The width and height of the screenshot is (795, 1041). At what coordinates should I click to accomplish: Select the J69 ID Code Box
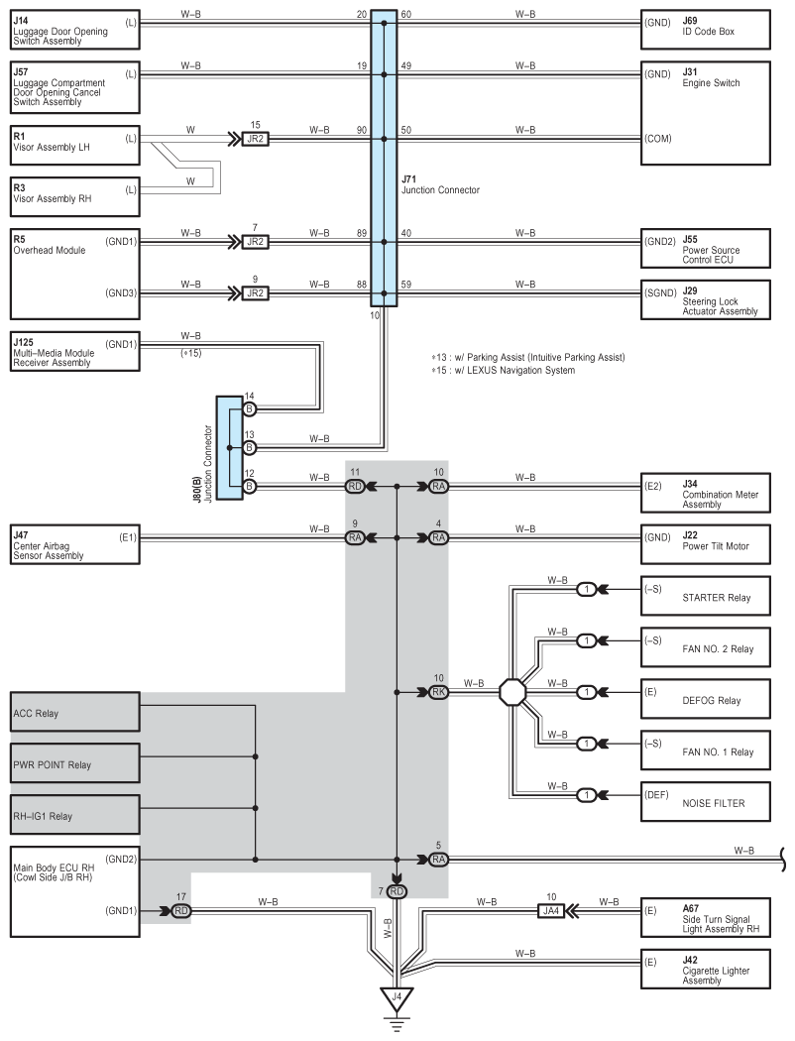(706, 29)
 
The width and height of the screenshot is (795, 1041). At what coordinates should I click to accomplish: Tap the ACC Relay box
(75, 712)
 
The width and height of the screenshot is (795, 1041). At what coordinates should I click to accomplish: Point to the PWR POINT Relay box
(75, 762)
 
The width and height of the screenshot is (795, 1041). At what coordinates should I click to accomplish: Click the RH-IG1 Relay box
(75, 815)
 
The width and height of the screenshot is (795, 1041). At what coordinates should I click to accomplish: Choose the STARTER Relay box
(706, 596)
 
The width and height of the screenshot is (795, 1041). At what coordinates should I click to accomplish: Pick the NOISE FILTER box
(706, 801)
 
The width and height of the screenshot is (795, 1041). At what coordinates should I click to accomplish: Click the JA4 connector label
(551, 911)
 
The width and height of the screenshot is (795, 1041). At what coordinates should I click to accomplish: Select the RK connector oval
(439, 692)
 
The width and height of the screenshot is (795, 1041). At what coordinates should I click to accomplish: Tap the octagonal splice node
(512, 692)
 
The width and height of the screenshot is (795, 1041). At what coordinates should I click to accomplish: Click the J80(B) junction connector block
(230, 448)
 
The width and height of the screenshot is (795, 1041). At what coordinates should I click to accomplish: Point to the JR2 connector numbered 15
(256, 139)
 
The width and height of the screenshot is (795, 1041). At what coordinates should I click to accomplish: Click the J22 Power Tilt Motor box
(706, 544)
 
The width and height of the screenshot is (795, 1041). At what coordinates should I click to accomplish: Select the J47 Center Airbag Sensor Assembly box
(75, 544)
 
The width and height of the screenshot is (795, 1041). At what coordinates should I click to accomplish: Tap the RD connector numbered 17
(181, 911)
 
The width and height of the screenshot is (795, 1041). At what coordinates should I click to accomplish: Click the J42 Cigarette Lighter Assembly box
(706, 970)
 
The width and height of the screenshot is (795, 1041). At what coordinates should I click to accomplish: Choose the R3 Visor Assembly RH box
(75, 196)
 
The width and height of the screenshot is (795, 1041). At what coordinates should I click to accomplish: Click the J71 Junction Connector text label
(440, 184)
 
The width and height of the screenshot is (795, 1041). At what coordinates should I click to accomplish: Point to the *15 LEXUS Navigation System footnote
(503, 370)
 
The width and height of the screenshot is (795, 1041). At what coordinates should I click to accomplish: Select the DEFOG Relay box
(706, 698)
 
